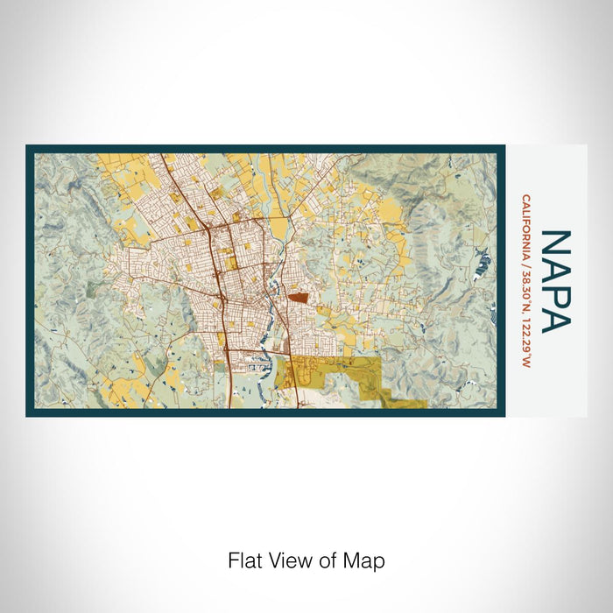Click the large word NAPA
click(556, 281)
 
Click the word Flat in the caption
click(245, 560)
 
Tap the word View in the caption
click(286, 560)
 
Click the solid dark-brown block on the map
click(299, 298)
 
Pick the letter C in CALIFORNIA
click(525, 197)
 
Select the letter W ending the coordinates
click(525, 363)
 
